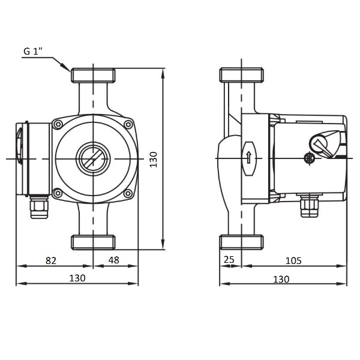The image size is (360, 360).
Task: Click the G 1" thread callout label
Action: tap(33, 51)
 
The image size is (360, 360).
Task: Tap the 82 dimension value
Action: tap(51, 260)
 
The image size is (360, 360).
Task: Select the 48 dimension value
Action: tap(114, 260)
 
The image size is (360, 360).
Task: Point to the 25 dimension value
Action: tap(229, 259)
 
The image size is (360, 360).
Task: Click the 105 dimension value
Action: tap(293, 260)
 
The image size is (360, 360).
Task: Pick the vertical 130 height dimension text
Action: tap(154, 160)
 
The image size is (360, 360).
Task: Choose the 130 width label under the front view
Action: tap(77, 278)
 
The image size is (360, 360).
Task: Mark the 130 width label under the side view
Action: tap(281, 279)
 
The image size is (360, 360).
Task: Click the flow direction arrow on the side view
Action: tap(248, 157)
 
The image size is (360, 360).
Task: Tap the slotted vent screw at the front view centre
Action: tap(93, 159)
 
